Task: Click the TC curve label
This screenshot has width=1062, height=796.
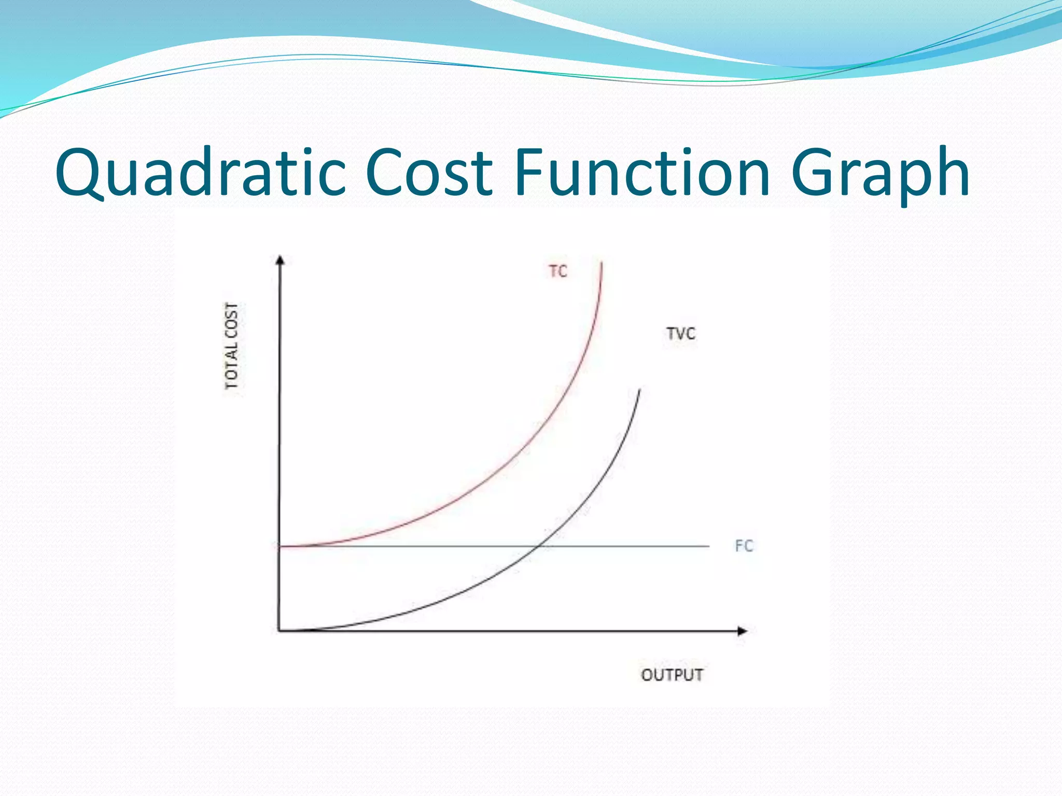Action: [558, 272]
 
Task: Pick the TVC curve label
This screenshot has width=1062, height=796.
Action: [681, 334]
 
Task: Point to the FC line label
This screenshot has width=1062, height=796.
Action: [744, 546]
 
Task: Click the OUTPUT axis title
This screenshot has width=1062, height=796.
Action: [672, 675]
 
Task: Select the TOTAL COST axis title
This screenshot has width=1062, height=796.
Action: [232, 346]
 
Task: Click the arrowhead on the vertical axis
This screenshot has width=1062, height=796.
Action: [281, 260]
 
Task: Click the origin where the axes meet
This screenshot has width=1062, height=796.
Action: [280, 631]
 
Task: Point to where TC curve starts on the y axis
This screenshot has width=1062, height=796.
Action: [280, 546]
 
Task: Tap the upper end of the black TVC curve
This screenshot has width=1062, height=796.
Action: [640, 390]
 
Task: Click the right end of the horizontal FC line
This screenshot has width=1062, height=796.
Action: [708, 546]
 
